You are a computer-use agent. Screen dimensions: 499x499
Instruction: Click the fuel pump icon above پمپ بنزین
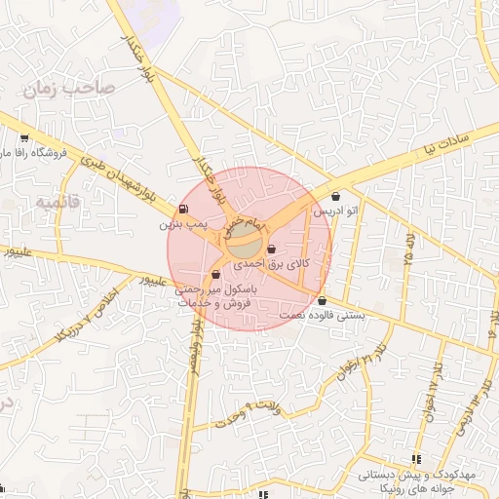coord(183,210)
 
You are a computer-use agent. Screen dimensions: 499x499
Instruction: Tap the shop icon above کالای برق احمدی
coord(271,249)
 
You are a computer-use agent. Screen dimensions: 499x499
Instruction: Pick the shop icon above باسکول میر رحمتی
coord(215,275)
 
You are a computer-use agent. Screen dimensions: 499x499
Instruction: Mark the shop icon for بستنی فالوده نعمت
coord(322,300)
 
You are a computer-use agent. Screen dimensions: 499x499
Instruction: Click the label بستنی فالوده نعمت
coord(323,315)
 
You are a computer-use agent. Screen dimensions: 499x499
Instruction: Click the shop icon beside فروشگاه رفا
coord(23,138)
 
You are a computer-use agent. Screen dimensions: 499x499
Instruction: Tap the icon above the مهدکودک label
coord(417,459)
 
